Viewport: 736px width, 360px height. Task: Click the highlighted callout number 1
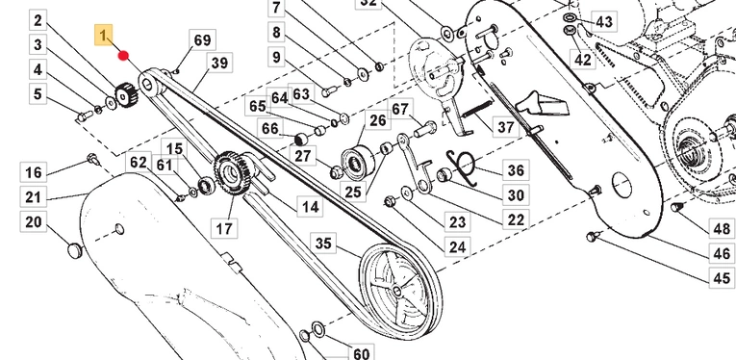(104, 35)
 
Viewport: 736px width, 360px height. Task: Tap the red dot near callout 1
(123, 56)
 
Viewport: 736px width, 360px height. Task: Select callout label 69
(202, 39)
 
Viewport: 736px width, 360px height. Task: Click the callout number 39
(219, 63)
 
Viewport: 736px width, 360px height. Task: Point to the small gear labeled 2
(125, 94)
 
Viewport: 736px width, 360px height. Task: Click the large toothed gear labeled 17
(231, 174)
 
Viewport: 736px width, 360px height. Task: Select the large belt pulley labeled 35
(400, 291)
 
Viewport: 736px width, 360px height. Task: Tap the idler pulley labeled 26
(358, 164)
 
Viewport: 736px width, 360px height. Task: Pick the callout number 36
(516, 169)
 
